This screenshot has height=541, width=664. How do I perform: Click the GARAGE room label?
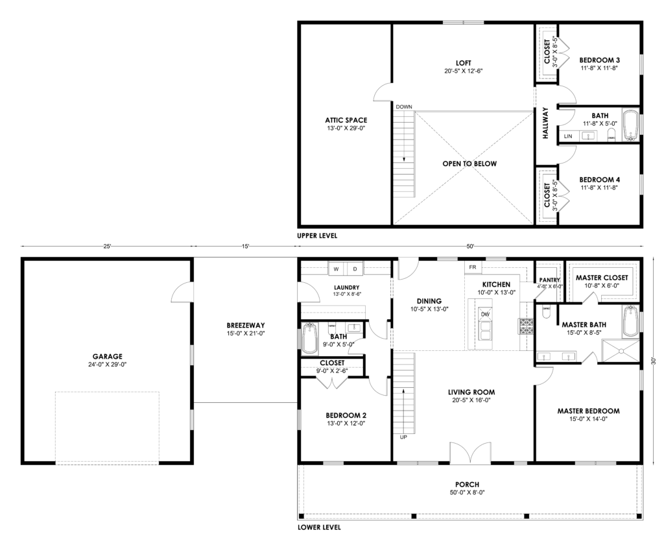click(x=108, y=357)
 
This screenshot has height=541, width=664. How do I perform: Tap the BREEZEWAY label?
click(x=246, y=326)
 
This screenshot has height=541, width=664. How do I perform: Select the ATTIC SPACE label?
click(x=346, y=120)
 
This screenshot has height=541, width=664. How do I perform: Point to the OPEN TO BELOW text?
click(x=469, y=163)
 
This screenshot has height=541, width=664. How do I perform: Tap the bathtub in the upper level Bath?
click(x=630, y=125)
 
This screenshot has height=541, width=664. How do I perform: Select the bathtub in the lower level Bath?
click(x=309, y=339)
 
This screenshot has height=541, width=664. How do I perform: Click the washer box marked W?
click(x=337, y=269)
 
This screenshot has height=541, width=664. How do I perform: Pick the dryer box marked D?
click(x=355, y=269)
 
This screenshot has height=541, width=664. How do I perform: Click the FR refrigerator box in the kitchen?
click(x=473, y=267)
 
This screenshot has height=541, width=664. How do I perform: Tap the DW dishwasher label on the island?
click(x=485, y=314)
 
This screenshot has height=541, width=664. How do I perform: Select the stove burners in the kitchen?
click(x=526, y=326)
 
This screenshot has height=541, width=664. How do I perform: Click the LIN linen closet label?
click(x=568, y=136)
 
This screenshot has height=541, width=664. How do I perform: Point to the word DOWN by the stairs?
click(x=404, y=107)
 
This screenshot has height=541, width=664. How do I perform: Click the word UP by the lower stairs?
click(x=403, y=437)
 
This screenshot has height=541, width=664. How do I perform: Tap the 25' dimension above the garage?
click(x=107, y=246)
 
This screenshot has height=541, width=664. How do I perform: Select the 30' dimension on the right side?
click(x=654, y=361)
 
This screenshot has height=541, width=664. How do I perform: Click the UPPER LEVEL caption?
click(x=317, y=235)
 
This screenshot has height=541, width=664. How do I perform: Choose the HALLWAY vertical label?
click(x=545, y=123)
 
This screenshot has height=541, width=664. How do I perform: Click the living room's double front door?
click(x=470, y=453)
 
